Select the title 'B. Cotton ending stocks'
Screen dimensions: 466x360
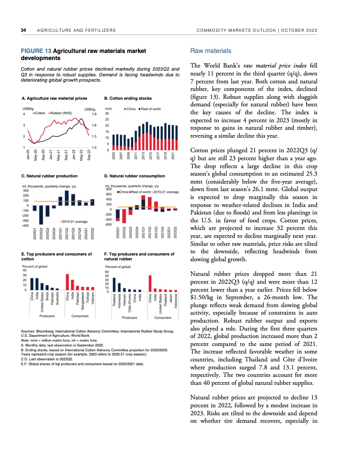click(127, 98)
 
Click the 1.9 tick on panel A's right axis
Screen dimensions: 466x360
click(94, 114)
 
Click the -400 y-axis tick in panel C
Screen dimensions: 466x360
click(25, 225)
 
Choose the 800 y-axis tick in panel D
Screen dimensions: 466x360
click(108, 189)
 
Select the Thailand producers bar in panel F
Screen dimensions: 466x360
click(114, 285)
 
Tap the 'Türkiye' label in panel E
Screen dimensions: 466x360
click(88, 298)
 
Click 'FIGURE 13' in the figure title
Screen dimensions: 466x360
click(36, 51)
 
